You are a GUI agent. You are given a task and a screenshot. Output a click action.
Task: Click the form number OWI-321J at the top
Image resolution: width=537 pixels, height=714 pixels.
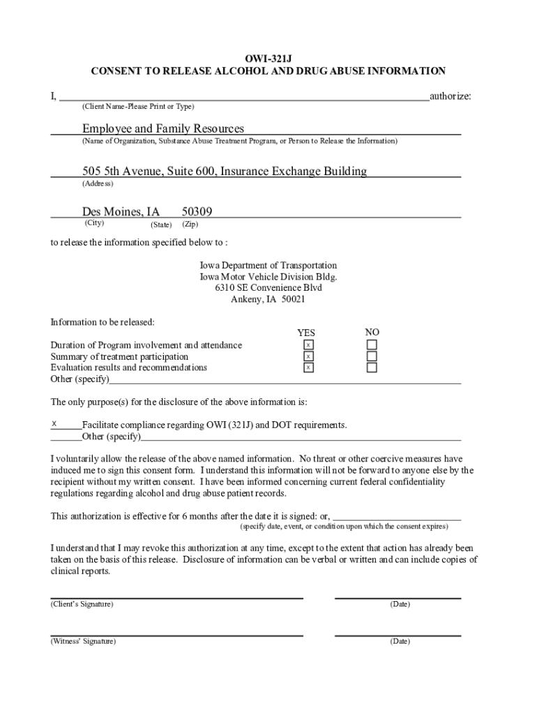(x=268, y=59)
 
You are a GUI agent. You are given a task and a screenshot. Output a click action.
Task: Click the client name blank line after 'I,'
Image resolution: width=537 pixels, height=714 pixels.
(x=244, y=96)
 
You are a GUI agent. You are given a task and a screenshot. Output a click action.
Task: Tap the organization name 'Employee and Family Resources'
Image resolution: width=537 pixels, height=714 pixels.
(x=163, y=128)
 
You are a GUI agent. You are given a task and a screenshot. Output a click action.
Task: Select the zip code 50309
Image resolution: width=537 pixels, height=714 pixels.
(x=197, y=211)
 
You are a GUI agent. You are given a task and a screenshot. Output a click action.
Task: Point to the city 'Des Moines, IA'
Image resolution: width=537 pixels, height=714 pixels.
(x=121, y=211)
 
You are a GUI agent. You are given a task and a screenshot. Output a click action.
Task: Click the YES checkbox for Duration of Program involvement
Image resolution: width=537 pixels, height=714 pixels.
(x=308, y=345)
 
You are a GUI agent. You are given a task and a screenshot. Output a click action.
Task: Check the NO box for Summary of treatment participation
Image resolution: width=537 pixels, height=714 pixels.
(x=372, y=356)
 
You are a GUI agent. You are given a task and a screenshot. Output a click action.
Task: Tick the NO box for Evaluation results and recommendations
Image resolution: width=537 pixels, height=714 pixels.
(x=372, y=367)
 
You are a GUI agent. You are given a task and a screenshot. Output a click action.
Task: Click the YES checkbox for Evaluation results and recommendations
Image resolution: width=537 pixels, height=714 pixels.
(x=308, y=367)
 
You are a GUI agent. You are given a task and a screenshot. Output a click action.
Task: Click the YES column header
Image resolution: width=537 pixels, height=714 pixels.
(x=306, y=333)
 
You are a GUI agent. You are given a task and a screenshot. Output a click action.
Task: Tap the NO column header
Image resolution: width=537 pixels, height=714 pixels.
(x=372, y=332)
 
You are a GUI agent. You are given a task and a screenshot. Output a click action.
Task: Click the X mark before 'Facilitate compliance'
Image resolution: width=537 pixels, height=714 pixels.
(x=54, y=423)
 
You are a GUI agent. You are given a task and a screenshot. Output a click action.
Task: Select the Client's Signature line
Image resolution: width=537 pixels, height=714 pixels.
(x=176, y=597)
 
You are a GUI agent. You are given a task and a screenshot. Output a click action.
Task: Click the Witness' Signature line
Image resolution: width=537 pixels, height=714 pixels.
(x=176, y=635)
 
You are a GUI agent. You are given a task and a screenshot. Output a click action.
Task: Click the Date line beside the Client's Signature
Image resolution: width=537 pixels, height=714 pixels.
(x=398, y=597)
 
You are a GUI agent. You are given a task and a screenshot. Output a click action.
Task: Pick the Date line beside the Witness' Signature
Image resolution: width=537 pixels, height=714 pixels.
(x=398, y=635)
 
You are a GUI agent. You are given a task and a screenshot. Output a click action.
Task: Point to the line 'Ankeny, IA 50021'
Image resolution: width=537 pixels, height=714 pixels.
(x=268, y=299)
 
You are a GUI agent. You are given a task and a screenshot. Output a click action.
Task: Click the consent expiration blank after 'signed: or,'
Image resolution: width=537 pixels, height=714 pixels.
(x=397, y=517)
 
